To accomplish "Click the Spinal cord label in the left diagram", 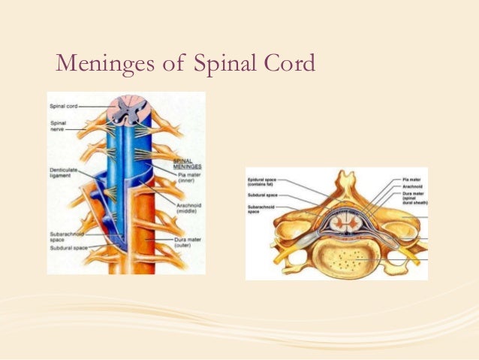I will click(62, 106).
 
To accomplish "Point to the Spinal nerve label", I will click(59, 126).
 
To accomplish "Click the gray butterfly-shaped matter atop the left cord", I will click(131, 110).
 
